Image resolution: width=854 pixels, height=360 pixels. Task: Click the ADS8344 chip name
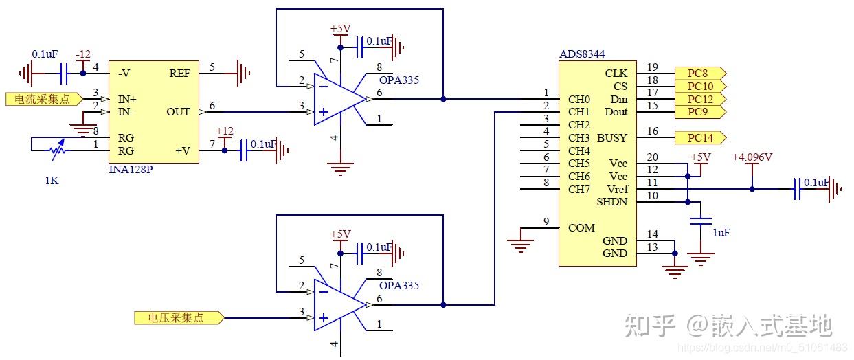[581, 54]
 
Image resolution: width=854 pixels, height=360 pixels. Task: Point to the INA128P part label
[131, 169]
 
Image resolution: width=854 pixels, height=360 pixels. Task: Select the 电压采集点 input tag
[177, 318]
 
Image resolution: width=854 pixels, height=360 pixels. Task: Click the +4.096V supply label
[752, 157]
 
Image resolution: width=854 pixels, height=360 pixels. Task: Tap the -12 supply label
[83, 54]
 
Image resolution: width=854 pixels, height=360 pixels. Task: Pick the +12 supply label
[224, 131]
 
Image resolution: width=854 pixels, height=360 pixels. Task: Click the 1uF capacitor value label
[721, 233]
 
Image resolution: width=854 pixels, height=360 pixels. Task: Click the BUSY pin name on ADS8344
[611, 138]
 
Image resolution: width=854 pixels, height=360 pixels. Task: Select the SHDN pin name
[611, 202]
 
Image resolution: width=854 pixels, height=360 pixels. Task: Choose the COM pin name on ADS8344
[581, 228]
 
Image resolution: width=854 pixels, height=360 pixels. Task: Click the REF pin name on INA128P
[179, 74]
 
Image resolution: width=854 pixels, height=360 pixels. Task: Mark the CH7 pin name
[579, 190]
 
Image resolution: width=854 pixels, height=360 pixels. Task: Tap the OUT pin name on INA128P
[178, 112]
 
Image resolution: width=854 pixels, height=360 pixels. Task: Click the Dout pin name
[616, 112]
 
